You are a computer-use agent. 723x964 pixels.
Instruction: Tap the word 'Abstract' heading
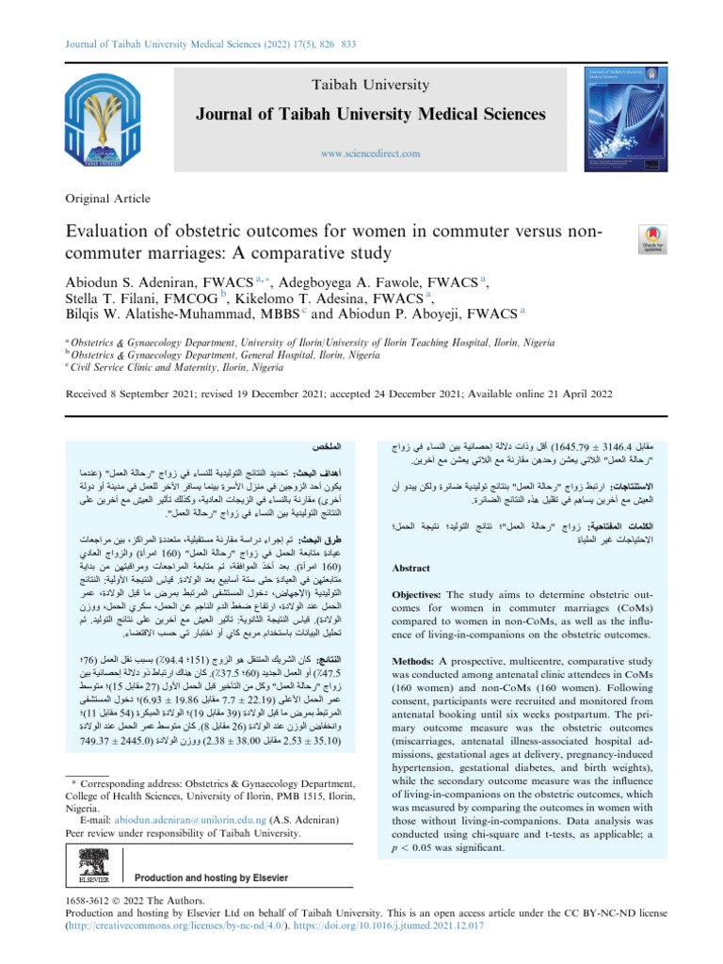click(397, 569)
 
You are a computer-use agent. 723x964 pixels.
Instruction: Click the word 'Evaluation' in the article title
click(105, 233)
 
